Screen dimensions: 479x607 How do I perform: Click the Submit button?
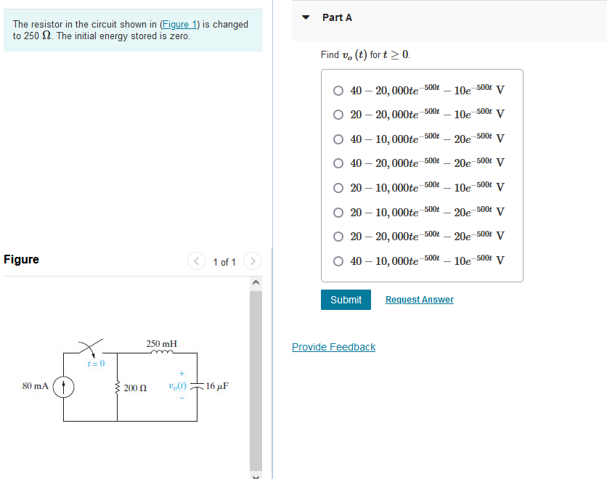(346, 300)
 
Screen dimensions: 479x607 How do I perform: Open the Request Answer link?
(419, 300)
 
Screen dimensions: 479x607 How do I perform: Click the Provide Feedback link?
(333, 347)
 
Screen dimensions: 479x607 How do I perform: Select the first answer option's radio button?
(338, 91)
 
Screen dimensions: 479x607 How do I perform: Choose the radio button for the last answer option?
(338, 261)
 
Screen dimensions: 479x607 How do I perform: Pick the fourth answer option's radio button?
(338, 163)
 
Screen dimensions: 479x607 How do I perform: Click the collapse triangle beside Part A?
(306, 17)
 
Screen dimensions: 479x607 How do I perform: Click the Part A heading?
(337, 17)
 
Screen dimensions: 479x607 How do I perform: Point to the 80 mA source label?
(35, 386)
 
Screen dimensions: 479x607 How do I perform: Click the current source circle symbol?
(63, 386)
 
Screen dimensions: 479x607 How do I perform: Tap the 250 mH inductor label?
(161, 343)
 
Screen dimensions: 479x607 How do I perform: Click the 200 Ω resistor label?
(135, 388)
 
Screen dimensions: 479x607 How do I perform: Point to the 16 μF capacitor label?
(217, 386)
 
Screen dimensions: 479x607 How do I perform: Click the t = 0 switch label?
(96, 363)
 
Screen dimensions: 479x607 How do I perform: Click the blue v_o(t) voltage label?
(176, 386)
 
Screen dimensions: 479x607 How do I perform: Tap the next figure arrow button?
(252, 261)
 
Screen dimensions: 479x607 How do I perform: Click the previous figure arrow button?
(197, 261)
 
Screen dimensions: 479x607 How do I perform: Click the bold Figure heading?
(22, 259)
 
